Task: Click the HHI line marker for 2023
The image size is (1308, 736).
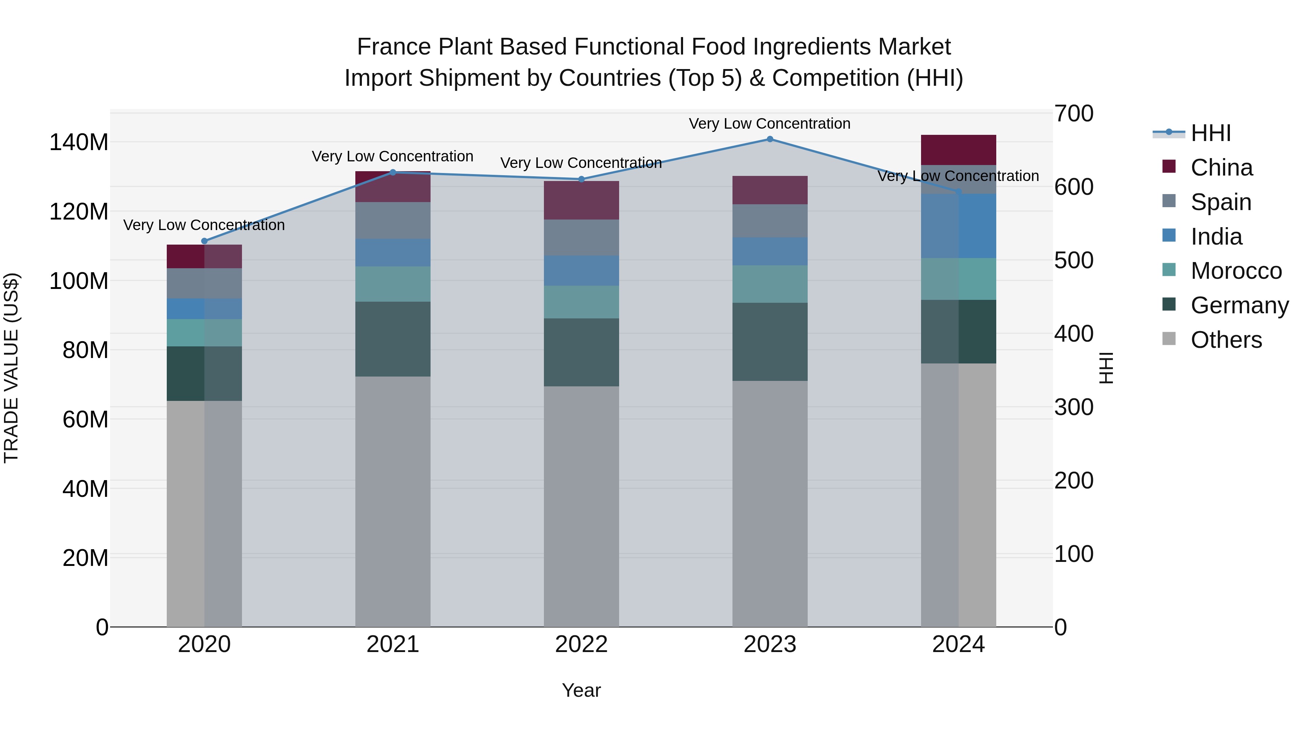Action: [770, 139]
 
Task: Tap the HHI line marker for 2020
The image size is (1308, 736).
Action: [205, 241]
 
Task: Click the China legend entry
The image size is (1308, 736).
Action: [1221, 168]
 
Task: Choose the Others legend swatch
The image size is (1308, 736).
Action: [1169, 339]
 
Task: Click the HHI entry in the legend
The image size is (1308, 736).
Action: [1211, 133]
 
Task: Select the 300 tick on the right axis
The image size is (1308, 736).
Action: [1073, 407]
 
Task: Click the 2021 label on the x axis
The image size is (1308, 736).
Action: [392, 644]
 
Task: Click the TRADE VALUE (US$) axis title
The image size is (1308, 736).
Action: [11, 368]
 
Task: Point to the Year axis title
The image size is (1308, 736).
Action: [581, 690]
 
